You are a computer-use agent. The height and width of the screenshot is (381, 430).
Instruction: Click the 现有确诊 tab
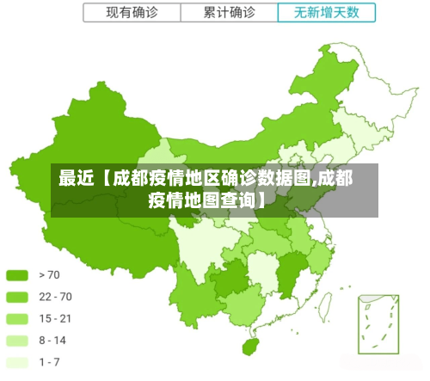(132, 13)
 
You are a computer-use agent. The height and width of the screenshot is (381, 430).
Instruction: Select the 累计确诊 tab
(229, 13)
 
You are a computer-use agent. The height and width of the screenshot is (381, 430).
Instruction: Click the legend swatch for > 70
(17, 276)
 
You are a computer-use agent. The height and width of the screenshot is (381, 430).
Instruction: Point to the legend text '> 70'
(50, 276)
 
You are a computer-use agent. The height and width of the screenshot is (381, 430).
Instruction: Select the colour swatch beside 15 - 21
(17, 319)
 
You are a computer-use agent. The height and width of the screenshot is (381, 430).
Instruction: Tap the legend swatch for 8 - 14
(17, 341)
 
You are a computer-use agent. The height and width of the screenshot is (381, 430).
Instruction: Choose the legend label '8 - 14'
(53, 341)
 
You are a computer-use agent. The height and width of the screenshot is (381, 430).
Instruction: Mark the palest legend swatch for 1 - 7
(17, 362)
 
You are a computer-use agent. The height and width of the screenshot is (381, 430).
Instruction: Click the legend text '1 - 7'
(50, 362)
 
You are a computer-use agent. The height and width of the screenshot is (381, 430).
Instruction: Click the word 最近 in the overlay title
(74, 179)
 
